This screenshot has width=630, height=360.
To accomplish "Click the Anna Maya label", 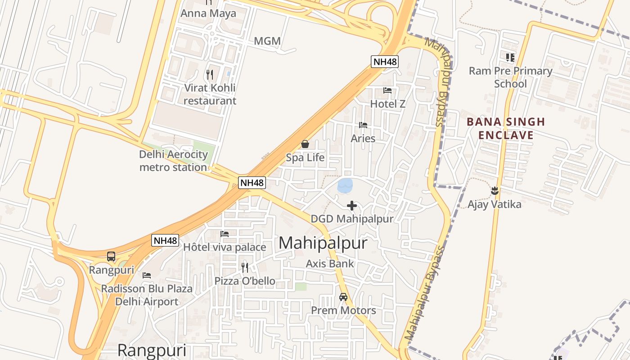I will coord(208,13).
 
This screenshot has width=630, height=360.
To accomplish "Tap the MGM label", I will coord(267,41).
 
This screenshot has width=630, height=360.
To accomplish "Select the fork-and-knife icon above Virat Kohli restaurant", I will coord(209,74).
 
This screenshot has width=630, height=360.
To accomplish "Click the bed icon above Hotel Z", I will coord(387,90).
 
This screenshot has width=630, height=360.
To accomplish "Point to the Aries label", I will coord(363,138).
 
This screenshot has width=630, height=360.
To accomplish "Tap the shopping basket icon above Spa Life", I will coord(305,144).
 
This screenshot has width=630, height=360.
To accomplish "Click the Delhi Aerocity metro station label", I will coord(173,161).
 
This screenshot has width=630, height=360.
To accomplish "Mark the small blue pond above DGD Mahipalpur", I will coord(345,185).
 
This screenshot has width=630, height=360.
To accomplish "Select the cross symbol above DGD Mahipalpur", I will coord(352,206).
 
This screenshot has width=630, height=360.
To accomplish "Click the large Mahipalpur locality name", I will coord(323,243).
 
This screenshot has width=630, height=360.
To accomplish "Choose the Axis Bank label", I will coord(330,264).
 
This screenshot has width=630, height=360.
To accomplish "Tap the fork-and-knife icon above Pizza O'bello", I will coord(245,267).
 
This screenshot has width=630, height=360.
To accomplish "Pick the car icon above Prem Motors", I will coord(343,297).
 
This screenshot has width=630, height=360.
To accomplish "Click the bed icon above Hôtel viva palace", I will coord(225,234).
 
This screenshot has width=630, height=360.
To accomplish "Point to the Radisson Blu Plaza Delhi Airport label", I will coord(147,295).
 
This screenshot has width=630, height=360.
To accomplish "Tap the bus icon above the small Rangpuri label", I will coord(111,256).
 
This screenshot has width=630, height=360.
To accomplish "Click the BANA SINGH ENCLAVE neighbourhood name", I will coord(506,128).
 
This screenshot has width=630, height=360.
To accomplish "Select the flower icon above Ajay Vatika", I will coord(495,191).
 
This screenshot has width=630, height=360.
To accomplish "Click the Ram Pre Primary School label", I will coord(510,77).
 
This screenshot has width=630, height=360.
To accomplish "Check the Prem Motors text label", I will coord(343,310).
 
